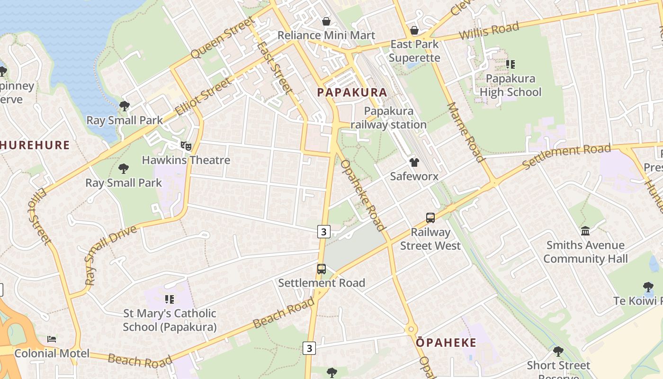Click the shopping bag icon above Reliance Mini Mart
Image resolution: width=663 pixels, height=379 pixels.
coord(326,21)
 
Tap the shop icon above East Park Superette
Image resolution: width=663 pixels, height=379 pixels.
coord(414,31)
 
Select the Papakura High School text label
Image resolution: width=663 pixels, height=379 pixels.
coord(511,85)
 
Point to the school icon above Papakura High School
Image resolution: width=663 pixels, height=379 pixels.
coord(511,64)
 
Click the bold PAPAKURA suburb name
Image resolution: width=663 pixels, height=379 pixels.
coord(352,92)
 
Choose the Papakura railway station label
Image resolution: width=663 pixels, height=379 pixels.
coord(389,118)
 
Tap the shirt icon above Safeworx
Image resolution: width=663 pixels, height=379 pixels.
coord(414,162)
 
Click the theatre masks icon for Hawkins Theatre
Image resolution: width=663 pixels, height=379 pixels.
coord(186,146)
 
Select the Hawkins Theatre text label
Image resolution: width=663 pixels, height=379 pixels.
coord(186,160)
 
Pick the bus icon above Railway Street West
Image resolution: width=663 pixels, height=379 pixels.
coord(430,218)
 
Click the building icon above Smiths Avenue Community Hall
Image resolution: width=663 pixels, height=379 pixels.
coord(585,231)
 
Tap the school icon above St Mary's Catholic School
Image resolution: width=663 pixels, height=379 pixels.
coord(170,299)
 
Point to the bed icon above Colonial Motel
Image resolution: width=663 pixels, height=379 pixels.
coord(52,339)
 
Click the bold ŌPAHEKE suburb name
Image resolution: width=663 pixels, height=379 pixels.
coord(446,343)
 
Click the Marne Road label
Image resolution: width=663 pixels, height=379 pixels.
coord(465,133)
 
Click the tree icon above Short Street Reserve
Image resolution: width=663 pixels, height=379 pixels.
coord(558,352)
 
